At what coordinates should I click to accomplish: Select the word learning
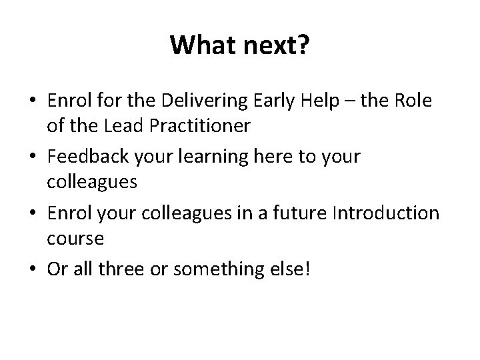[x=207, y=157]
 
